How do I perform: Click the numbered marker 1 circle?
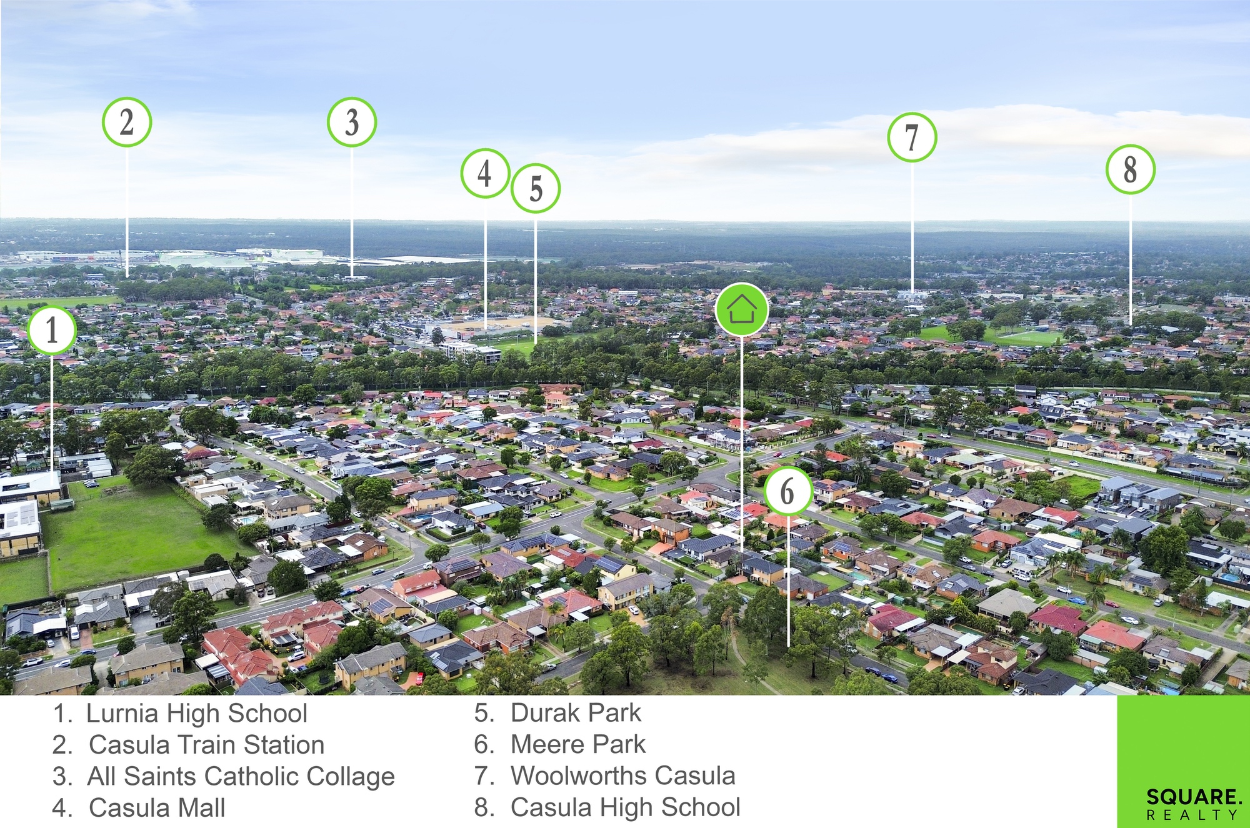52,330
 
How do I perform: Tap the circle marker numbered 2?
127,122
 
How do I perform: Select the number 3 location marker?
352,122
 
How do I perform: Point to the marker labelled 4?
485,173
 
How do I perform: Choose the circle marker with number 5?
536,188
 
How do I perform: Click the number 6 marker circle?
787,491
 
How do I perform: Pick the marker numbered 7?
912,137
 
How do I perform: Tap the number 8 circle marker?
1130,169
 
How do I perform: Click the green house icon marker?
741,309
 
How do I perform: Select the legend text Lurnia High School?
196,714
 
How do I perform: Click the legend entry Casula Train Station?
206,745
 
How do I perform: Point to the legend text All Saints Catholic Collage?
241,777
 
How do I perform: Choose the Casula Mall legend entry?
157,808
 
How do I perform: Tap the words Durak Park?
576,713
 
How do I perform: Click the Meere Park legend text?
578,744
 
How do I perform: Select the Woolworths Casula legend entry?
623,776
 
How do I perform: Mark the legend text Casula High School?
626,807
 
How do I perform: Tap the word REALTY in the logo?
1192,815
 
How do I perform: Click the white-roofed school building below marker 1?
30,486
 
